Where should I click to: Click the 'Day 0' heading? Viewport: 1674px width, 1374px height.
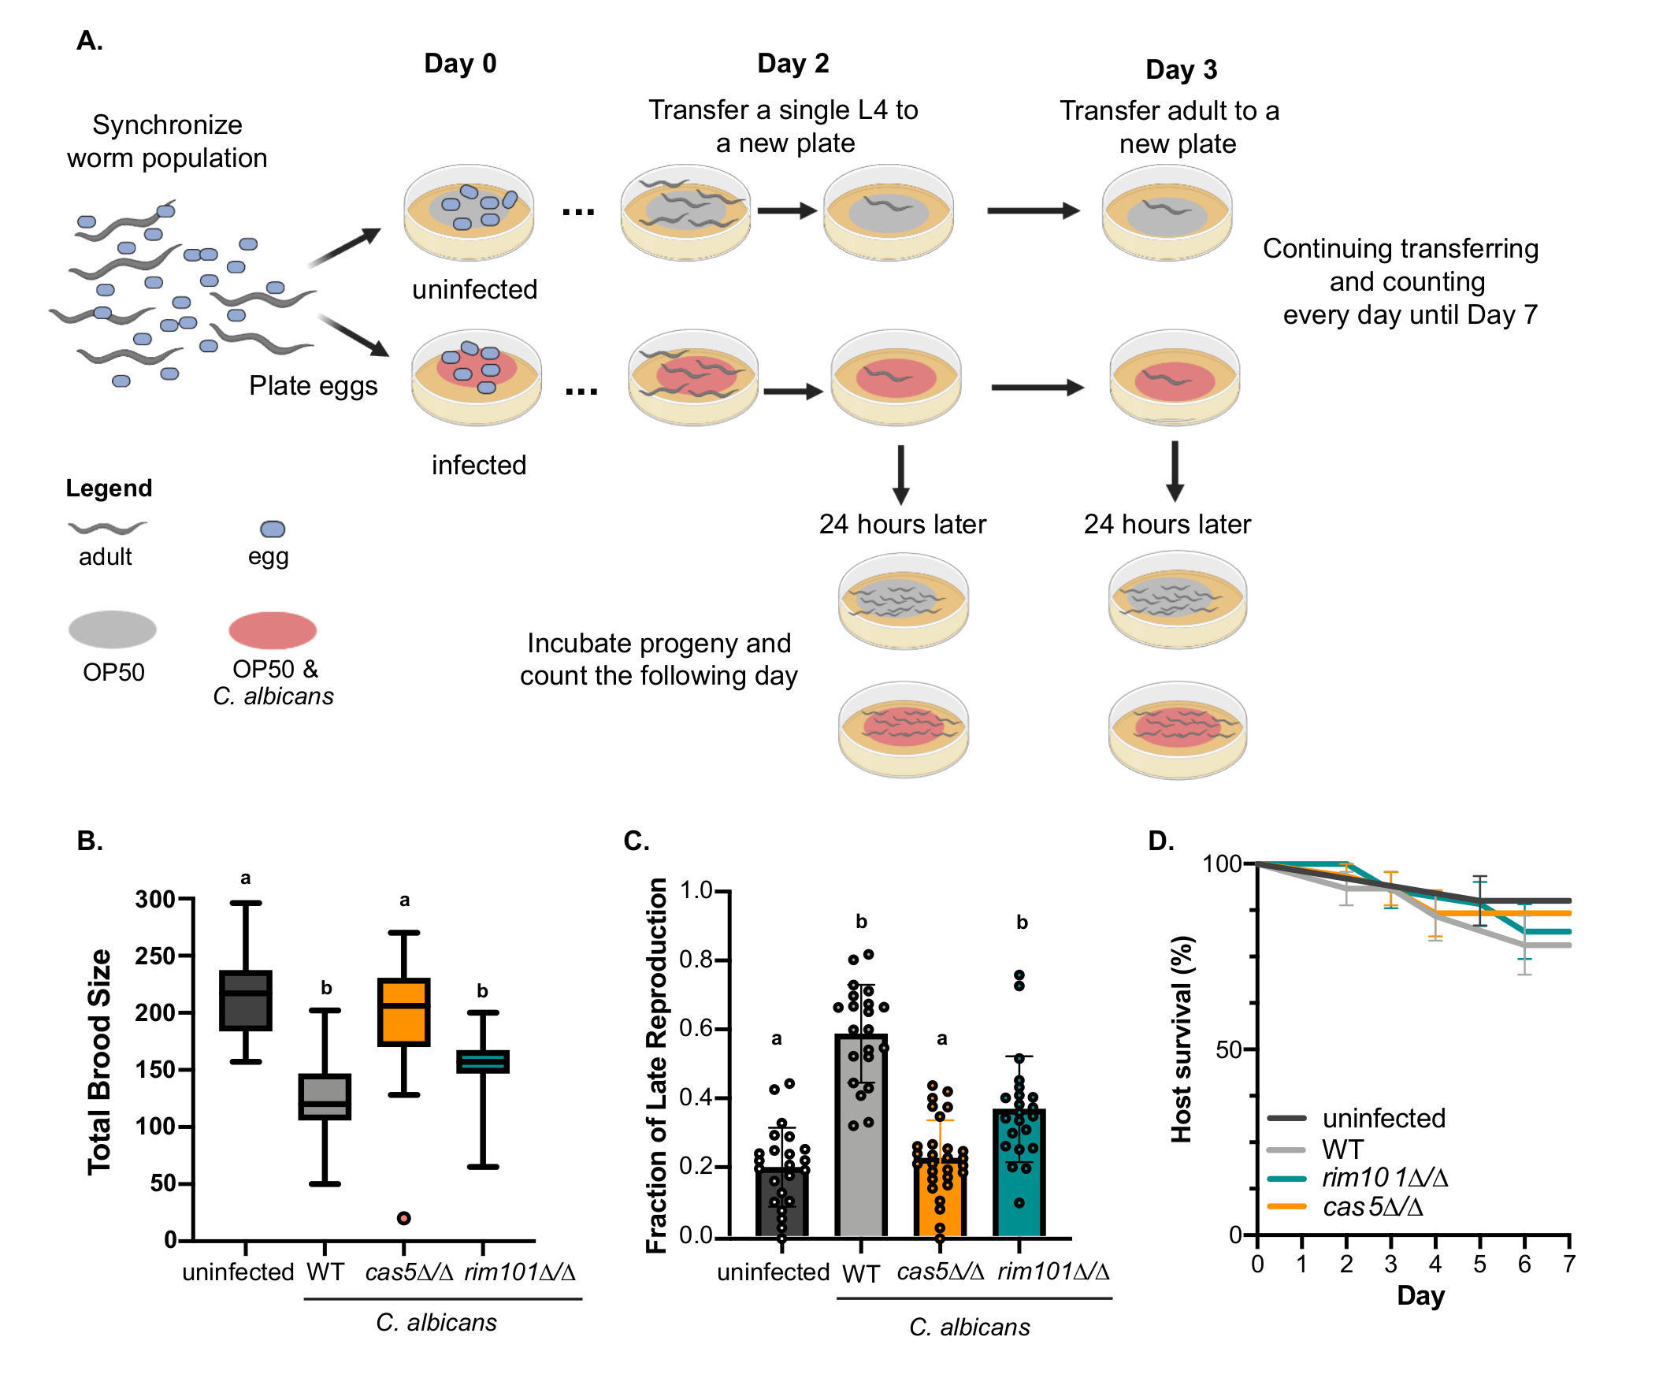[x=460, y=63]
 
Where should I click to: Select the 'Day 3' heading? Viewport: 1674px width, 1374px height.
[x=1181, y=69]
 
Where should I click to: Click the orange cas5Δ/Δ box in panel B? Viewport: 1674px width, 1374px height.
[x=403, y=1012]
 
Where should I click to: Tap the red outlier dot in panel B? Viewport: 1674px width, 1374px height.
[x=403, y=1218]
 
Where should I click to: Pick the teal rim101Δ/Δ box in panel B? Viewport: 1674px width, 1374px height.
[x=483, y=1061]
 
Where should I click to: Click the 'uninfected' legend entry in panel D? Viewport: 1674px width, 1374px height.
[x=1383, y=1119]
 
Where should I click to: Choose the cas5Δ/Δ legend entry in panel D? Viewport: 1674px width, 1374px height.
[x=1372, y=1207]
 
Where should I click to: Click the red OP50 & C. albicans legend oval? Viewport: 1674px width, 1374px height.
[x=273, y=631]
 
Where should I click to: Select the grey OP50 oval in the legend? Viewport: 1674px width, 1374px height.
[x=113, y=630]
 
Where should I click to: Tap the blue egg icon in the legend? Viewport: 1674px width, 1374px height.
[x=273, y=529]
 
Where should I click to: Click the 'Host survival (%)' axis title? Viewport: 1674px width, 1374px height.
[x=1181, y=1039]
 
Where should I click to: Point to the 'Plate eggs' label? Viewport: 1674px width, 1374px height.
[x=313, y=385]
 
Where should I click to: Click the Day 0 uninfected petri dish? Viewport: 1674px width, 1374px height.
[x=469, y=211]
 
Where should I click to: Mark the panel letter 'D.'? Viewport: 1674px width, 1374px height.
[x=1161, y=841]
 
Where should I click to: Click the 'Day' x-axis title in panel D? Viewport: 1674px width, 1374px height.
[x=1420, y=1296]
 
